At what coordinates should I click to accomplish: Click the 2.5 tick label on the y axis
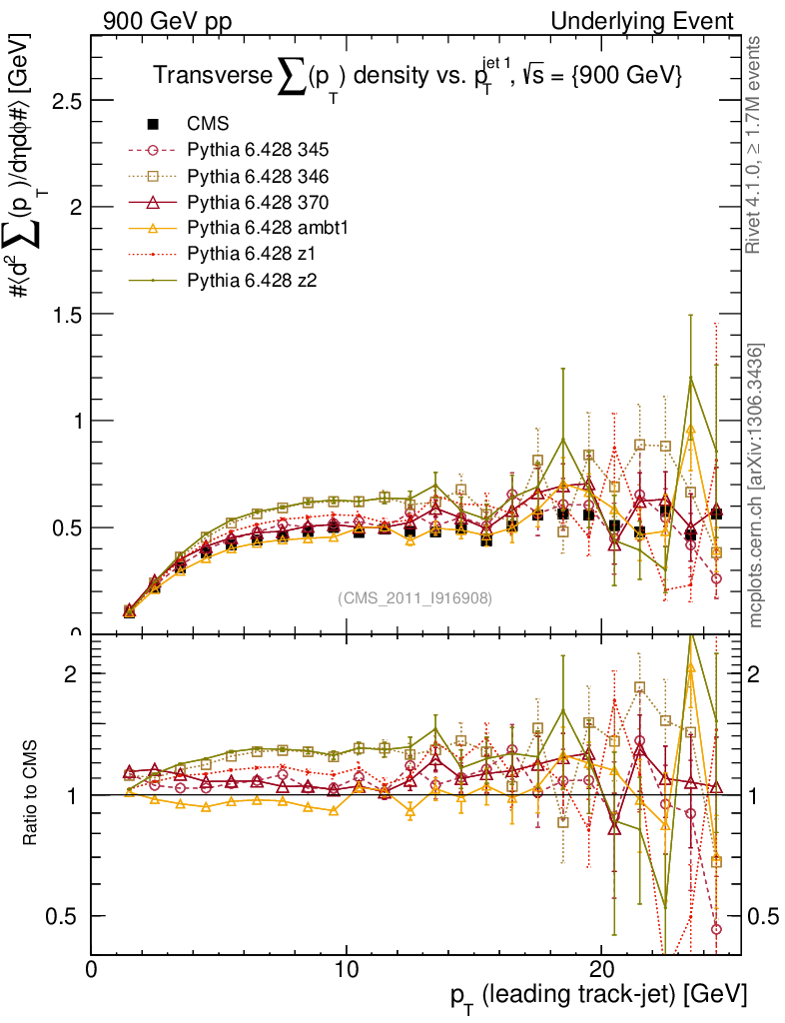67,101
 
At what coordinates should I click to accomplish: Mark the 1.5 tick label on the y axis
67,314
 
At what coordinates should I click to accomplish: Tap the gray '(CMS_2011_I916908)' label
414,598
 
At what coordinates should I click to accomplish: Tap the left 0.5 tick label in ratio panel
67,916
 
